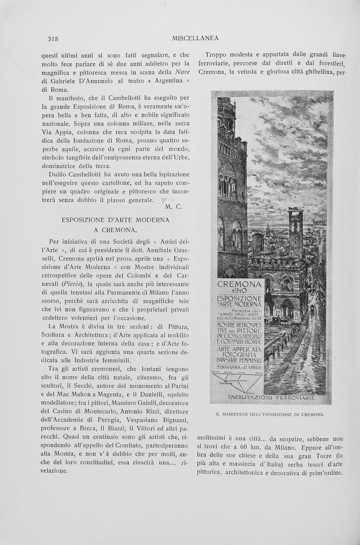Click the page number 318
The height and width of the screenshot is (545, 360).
point(53,38)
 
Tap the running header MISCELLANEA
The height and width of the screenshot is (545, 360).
point(195,38)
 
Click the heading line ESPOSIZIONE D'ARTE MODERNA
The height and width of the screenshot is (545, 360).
point(116,220)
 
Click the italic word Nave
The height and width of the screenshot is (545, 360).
point(182,72)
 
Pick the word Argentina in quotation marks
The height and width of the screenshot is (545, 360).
point(164,81)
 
